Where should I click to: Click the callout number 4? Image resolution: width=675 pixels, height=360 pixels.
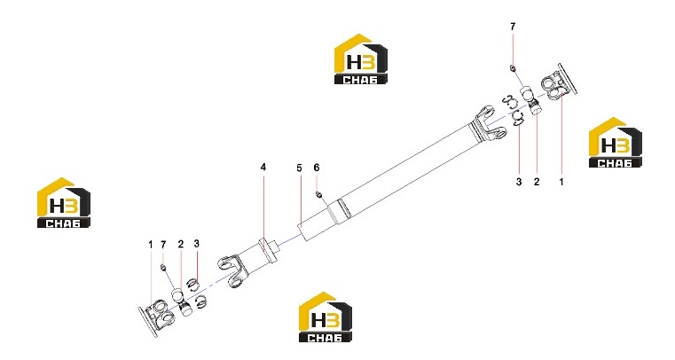tap(263, 167)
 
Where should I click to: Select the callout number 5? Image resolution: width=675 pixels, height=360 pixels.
tap(299, 168)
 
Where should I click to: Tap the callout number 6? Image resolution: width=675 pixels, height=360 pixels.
tap(317, 168)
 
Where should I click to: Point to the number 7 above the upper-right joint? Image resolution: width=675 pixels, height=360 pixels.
tap(513, 27)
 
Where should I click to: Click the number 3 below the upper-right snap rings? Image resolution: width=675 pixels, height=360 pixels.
tap(519, 182)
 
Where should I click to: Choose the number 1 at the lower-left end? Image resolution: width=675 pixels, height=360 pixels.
tap(150, 245)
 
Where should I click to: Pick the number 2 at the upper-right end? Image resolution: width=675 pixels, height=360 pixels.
tap(537, 182)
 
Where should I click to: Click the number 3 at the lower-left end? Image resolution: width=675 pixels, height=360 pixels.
tap(197, 244)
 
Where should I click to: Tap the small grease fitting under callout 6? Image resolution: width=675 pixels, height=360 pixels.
tap(319, 195)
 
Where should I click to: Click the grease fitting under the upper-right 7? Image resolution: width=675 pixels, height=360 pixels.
tap(513, 68)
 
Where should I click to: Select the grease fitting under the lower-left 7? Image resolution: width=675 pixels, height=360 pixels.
tap(162, 268)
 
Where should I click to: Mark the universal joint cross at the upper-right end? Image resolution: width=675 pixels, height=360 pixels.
tap(532, 100)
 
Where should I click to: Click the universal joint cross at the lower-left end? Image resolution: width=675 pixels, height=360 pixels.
tap(182, 302)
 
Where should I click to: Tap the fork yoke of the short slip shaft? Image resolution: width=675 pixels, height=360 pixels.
tap(232, 270)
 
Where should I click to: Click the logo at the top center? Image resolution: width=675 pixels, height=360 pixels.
tap(361, 59)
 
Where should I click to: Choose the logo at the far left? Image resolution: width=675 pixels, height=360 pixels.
tap(64, 202)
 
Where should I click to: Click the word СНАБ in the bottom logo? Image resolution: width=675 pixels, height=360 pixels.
tap(326, 337)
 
